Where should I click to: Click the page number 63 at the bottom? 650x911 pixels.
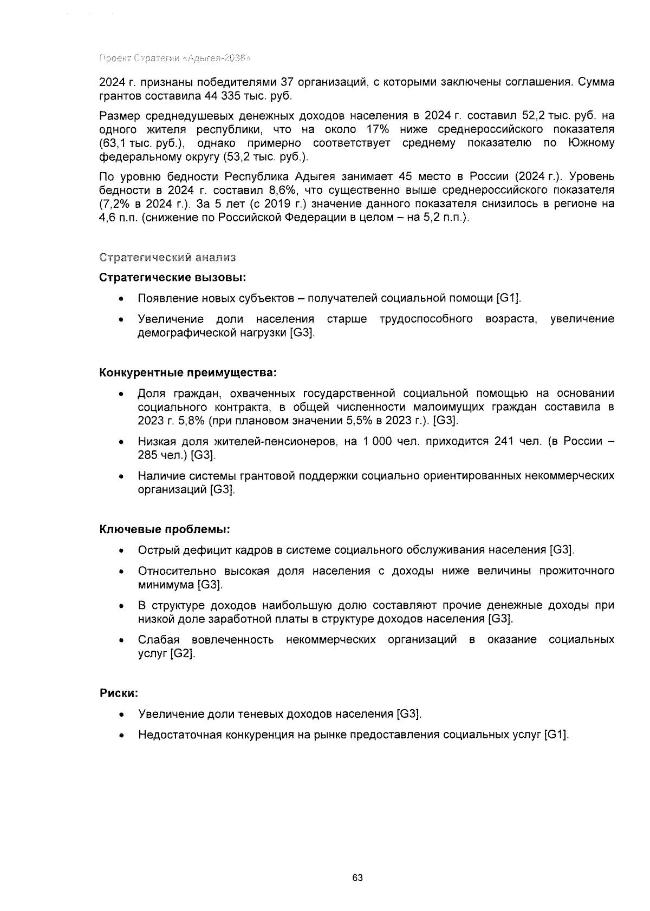tap(357, 877)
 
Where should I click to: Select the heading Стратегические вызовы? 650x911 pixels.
tap(173, 278)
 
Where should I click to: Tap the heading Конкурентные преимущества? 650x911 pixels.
tap(187, 373)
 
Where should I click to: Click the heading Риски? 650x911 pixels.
tap(119, 693)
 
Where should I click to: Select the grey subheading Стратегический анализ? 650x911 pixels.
tap(167, 258)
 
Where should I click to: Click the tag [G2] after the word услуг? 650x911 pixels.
tap(182, 653)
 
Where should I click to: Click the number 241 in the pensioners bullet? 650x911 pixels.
tap(505, 441)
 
